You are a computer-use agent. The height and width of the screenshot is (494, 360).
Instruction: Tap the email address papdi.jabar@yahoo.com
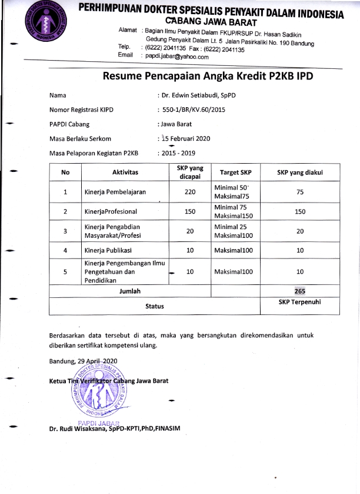[x=177, y=57]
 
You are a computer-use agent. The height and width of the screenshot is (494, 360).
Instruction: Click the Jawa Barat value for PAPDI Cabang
[x=176, y=124]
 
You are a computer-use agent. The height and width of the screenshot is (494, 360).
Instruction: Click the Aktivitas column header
[x=125, y=173]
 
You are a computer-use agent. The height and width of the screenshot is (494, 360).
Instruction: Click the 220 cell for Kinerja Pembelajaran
[x=189, y=192]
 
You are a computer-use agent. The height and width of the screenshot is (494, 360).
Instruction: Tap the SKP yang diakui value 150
[x=299, y=211]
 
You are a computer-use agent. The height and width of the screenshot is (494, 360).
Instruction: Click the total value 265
[x=299, y=291]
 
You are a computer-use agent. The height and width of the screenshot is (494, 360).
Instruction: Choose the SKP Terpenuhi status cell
[x=299, y=302]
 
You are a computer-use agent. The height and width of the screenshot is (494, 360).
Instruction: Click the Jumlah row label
[x=130, y=291]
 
